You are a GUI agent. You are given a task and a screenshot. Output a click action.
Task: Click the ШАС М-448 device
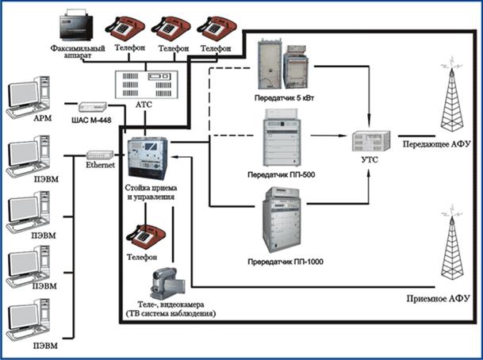click(90, 106)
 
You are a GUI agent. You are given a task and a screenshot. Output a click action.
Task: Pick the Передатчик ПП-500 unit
click(283, 140)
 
